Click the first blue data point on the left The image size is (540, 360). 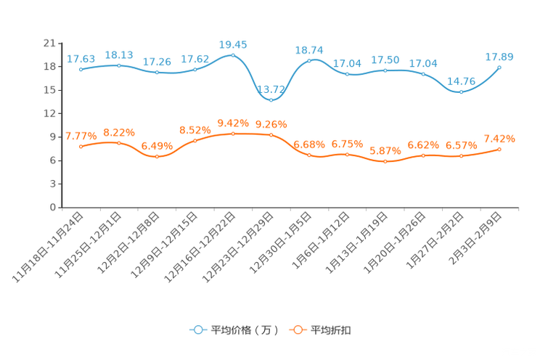[x=81, y=69]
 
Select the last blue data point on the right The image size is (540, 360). [x=499, y=67]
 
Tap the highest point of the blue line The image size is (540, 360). [x=232, y=54]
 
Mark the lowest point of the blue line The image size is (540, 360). [x=271, y=100]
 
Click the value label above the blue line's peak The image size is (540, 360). [x=233, y=45]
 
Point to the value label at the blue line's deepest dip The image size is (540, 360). [x=271, y=90]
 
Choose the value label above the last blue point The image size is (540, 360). [x=500, y=57]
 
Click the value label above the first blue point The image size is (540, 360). [x=80, y=59]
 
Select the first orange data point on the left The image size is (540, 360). [x=81, y=146]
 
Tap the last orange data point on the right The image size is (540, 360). [x=499, y=149]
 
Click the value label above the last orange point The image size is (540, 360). [x=499, y=139]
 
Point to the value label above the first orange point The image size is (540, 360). [x=81, y=136]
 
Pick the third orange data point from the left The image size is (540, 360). [x=157, y=157]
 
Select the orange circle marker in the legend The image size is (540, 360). [x=297, y=330]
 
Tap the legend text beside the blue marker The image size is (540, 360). [x=244, y=331]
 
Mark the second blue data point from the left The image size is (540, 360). [x=118, y=65]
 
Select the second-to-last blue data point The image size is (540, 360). [x=461, y=92]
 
